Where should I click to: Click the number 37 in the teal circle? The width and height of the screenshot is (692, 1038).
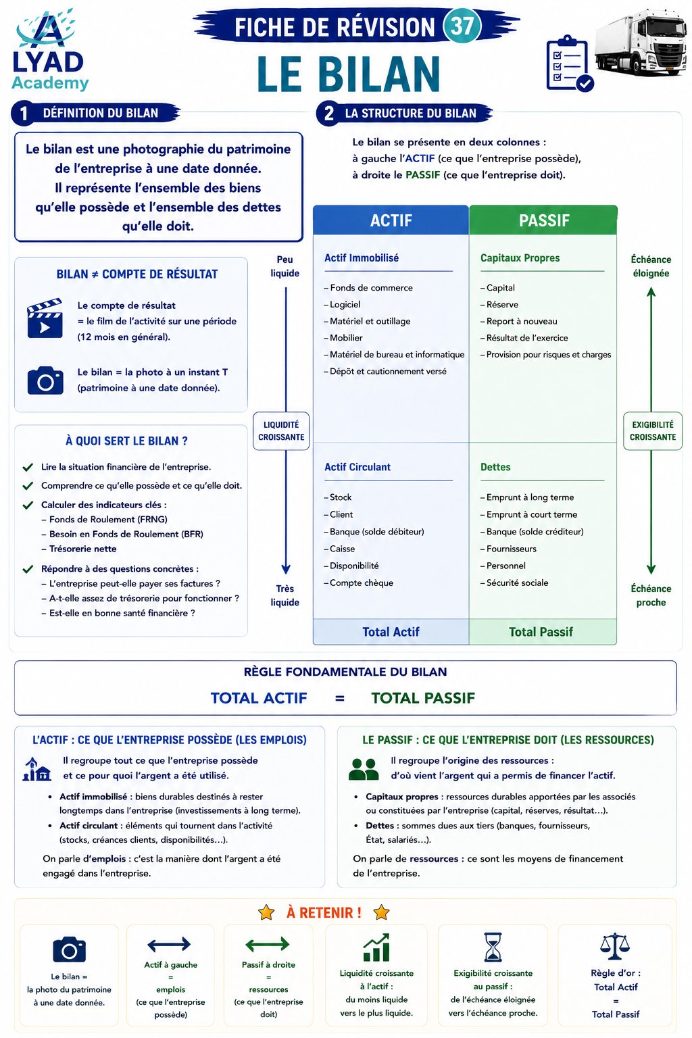tap(462, 26)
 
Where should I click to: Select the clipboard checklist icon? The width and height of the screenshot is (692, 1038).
tap(570, 64)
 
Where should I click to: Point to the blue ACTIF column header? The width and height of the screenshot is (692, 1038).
tap(391, 220)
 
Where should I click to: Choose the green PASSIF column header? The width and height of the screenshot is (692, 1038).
tap(543, 220)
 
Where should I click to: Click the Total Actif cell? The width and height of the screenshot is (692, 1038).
tap(391, 632)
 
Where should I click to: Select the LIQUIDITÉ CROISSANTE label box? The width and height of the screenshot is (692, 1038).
tap(281, 431)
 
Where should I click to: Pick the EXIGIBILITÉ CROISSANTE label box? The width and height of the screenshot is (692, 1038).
tap(653, 431)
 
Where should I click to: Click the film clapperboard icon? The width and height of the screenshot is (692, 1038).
tap(45, 318)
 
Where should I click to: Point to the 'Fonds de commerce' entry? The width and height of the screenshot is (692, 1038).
tap(368, 288)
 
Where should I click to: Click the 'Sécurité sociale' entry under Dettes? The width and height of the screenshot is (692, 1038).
tap(514, 583)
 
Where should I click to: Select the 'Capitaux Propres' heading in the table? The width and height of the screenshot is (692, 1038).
tap(520, 258)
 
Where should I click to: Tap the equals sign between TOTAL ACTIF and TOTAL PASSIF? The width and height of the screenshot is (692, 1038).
tap(340, 698)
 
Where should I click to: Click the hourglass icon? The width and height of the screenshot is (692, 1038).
tap(493, 947)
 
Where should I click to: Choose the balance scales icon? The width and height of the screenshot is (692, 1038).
tap(615, 946)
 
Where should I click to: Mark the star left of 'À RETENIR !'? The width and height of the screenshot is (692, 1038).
tap(266, 912)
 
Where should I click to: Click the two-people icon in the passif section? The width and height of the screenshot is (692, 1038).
tap(364, 770)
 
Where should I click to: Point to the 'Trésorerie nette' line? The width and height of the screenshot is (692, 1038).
tap(79, 549)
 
